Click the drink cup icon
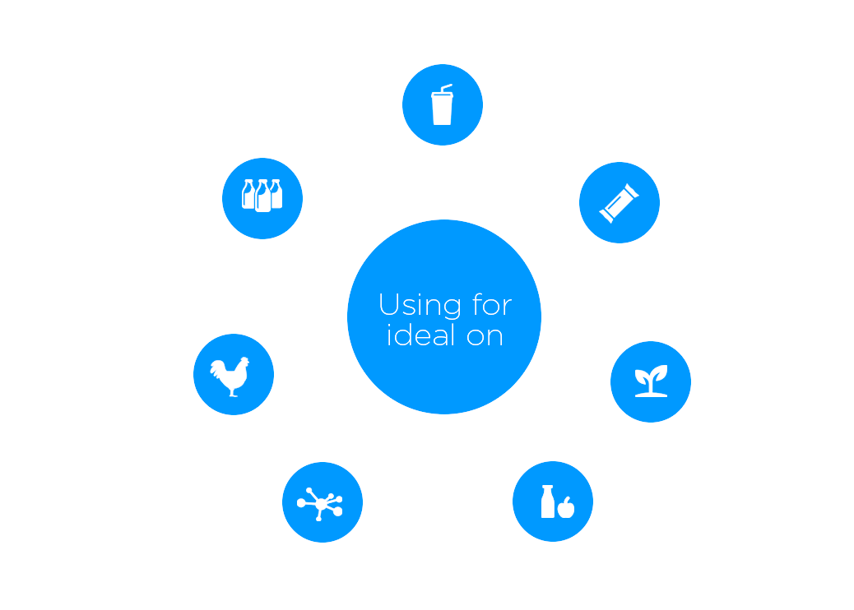point(443,105)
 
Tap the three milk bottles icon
point(262,196)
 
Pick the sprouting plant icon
point(651,381)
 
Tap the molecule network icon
point(321,502)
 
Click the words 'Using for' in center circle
point(444,306)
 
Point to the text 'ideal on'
point(444,335)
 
